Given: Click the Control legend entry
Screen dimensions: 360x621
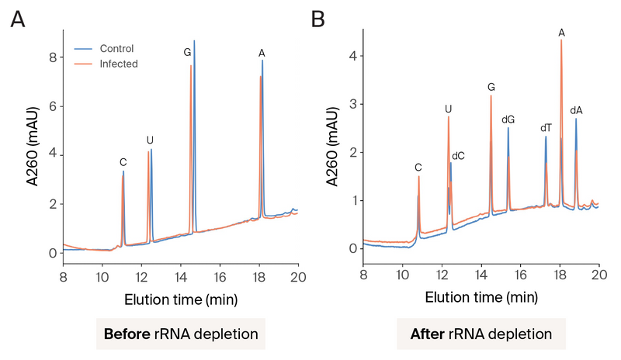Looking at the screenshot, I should tap(116, 49).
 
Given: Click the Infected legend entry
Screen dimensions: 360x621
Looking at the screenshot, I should tap(118, 64).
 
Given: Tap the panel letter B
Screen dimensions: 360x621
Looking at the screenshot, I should tap(317, 19).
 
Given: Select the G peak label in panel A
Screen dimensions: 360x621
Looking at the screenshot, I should tap(187, 53).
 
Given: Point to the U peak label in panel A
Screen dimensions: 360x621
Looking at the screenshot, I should tap(150, 140).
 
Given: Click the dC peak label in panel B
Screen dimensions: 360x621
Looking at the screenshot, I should tap(458, 156).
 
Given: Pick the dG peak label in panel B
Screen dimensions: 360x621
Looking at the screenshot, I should tap(508, 119).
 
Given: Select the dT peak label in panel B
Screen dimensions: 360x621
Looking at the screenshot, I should tap(546, 128).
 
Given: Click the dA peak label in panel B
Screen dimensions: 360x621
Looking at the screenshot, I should tap(576, 110).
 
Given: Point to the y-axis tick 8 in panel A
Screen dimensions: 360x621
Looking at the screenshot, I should tap(52, 57).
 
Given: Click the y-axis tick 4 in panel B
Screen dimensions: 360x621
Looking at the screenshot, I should tap(352, 56).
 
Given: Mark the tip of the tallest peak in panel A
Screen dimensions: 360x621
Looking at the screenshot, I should tap(194, 40).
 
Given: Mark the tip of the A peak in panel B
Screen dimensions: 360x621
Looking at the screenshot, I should tap(561, 40).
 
